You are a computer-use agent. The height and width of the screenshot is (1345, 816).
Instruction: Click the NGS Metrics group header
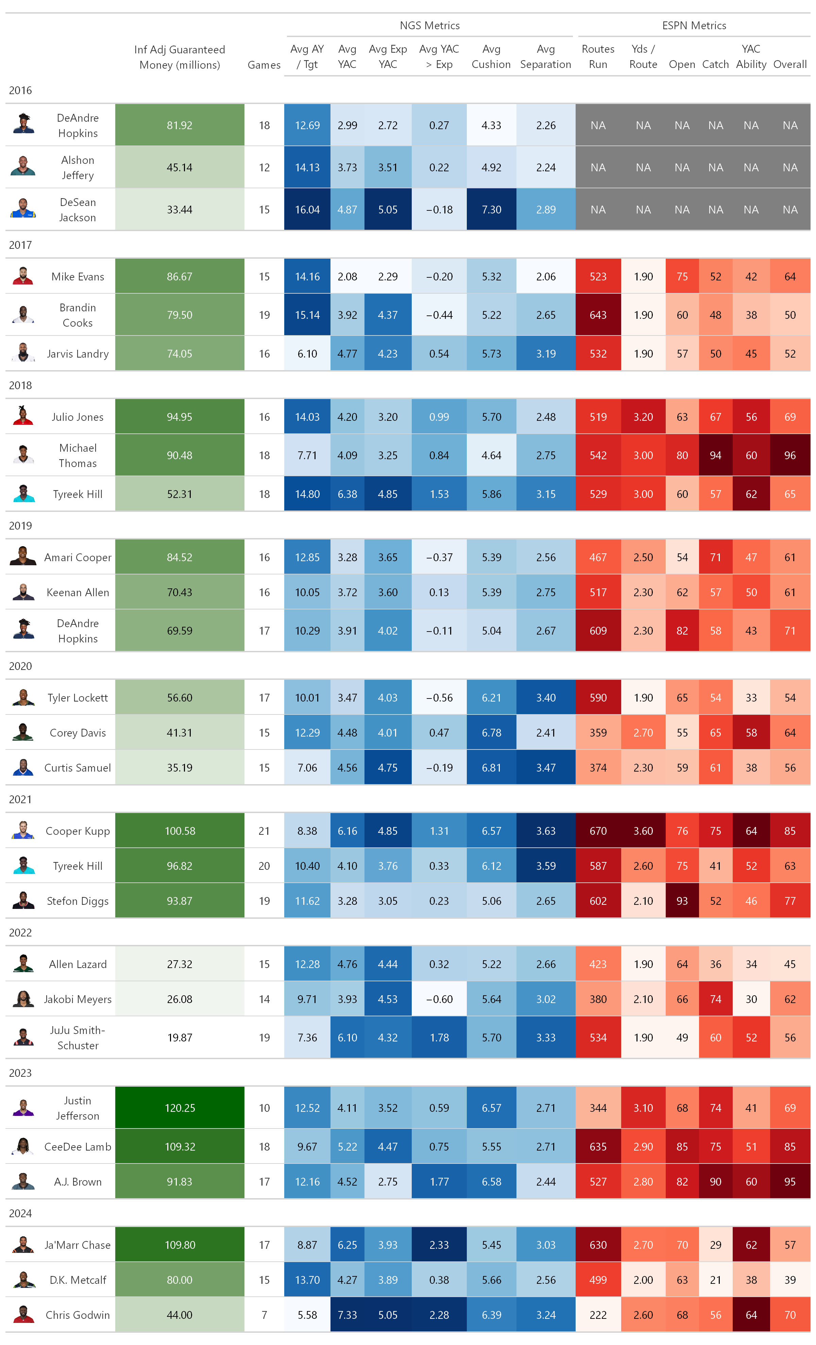tap(429, 25)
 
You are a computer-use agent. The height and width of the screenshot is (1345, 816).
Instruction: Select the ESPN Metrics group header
tap(694, 25)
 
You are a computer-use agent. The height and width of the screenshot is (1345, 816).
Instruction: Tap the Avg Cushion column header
tap(491, 57)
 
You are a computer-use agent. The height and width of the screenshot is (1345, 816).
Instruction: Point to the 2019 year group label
tap(21, 526)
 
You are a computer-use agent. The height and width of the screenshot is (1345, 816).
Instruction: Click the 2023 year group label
tap(21, 1073)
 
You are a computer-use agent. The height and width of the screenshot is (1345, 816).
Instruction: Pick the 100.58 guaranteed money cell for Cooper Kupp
tap(180, 831)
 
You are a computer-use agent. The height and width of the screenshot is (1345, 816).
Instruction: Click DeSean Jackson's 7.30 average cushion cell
tap(491, 210)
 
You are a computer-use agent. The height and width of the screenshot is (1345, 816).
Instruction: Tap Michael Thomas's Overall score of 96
tap(790, 455)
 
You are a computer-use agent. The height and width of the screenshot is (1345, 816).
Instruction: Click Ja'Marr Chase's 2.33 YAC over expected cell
tap(439, 1245)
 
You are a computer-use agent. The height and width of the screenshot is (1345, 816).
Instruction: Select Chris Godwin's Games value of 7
tap(265, 1315)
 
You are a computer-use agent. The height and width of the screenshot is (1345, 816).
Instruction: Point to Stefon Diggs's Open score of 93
tap(682, 901)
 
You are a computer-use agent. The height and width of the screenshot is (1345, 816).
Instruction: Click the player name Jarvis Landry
tap(78, 354)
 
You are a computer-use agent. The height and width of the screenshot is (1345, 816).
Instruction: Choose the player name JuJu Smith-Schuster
tap(78, 1038)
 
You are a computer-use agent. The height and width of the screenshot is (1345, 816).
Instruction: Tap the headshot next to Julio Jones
tap(23, 416)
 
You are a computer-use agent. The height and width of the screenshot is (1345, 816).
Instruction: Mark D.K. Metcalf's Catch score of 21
tap(715, 1280)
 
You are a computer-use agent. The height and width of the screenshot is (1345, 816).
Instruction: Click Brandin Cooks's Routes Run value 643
tap(598, 315)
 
